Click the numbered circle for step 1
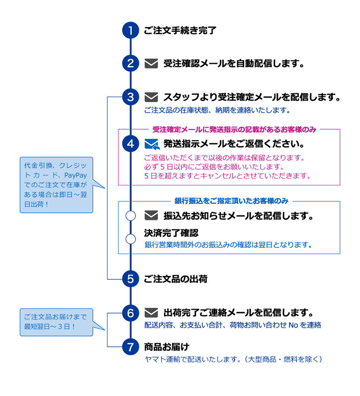pyautogui.click(x=131, y=31)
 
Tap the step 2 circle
pyautogui.click(x=131, y=63)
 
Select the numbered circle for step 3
pyautogui.click(x=131, y=97)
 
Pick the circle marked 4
pyautogui.click(x=131, y=143)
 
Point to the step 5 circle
pyautogui.click(x=131, y=279)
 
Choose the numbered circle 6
pyautogui.click(x=131, y=313)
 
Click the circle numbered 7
pyautogui.click(x=131, y=347)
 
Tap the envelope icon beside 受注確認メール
pyautogui.click(x=151, y=63)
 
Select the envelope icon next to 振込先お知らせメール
pyautogui.click(x=151, y=216)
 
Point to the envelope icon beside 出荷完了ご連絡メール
pyautogui.click(x=151, y=313)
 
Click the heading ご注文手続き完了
pyautogui.click(x=180, y=31)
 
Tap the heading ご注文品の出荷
pyautogui.click(x=175, y=279)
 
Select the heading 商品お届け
pyautogui.click(x=166, y=347)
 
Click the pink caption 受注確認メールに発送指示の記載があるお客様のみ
pyautogui.click(x=234, y=129)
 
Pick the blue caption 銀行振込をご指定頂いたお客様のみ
pyautogui.click(x=231, y=201)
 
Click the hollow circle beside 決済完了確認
pyautogui.click(x=131, y=239)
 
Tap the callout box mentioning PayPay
pyautogui.click(x=56, y=185)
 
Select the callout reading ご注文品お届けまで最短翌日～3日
pyautogui.click(x=56, y=321)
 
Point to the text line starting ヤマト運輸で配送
pyautogui.click(x=233, y=359)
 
